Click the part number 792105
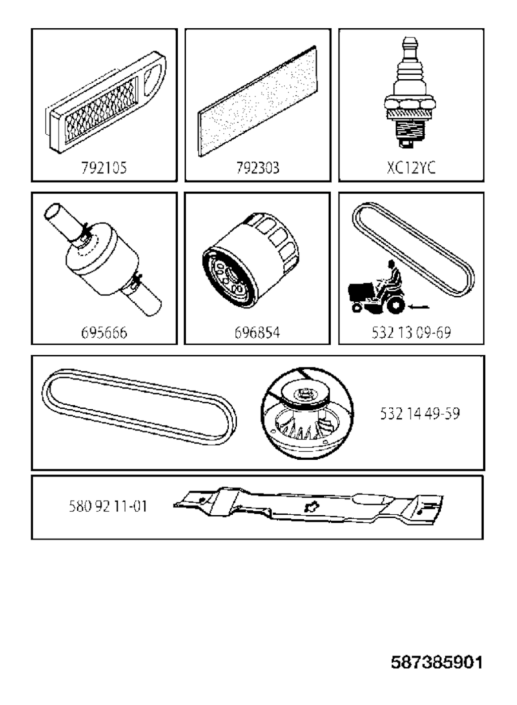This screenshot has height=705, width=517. [104, 168]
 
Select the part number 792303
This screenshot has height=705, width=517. [258, 168]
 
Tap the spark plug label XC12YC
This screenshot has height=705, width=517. [411, 168]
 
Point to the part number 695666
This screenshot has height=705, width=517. [104, 333]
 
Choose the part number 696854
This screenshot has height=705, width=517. [257, 333]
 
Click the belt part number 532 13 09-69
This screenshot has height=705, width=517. [411, 333]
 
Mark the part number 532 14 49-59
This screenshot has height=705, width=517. [420, 413]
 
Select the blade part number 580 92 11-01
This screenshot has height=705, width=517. [108, 506]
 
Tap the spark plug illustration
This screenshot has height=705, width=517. [410, 92]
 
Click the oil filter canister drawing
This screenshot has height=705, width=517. [251, 260]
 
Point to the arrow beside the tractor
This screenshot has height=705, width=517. [418, 306]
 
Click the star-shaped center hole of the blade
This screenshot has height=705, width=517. [312, 506]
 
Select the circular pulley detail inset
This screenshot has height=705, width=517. [307, 413]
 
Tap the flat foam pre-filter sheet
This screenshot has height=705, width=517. [258, 101]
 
